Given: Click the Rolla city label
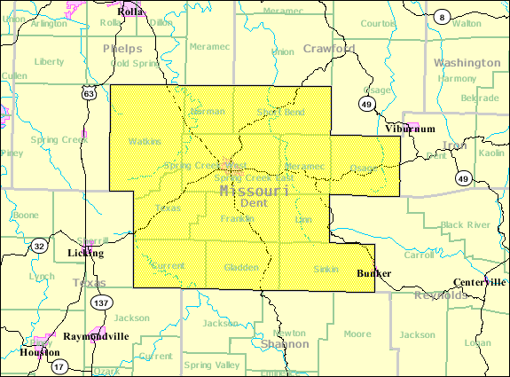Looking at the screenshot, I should point(131,12).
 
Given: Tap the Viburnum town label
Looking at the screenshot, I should point(411,129).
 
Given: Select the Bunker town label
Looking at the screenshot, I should point(373,272).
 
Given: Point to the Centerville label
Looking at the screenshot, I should point(479,281).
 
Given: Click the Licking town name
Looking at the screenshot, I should point(85,253).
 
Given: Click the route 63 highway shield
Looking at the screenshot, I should point(87,92).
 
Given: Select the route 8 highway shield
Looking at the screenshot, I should point(441,17).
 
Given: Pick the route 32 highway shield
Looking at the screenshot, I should point(39,246).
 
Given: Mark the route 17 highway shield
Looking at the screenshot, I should point(58,365).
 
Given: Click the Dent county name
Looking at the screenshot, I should point(254,203).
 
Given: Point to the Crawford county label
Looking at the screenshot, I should point(329,49).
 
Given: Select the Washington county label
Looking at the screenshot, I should point(467,63).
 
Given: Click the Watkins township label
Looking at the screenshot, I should point(145,141).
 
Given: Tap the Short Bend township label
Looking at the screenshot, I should point(280,112).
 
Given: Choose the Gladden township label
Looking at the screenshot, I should point(241,267).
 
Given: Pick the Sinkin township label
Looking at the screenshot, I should point(326,269).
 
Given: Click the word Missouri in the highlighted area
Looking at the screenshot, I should point(255,190).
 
